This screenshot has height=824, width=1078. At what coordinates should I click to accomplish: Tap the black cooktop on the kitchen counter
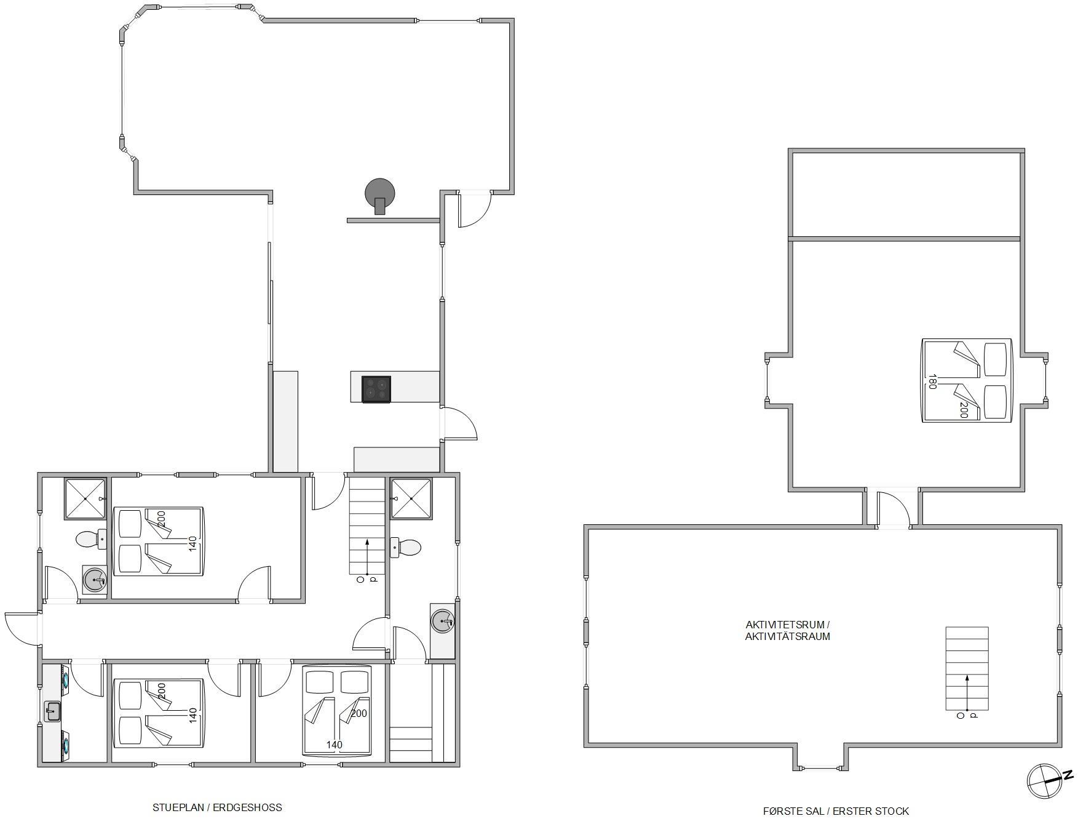click(x=376, y=390)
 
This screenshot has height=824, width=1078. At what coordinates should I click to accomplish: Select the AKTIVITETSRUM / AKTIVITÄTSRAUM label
click(x=787, y=631)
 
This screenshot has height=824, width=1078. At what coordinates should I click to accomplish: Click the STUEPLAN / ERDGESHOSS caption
click(x=217, y=807)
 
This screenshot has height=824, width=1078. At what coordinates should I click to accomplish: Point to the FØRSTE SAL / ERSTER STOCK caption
click(x=836, y=811)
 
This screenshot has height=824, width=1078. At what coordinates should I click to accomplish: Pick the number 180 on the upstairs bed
click(x=932, y=382)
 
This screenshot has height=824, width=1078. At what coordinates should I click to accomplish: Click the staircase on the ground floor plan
click(x=367, y=526)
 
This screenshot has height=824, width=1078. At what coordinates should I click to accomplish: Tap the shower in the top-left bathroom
click(x=85, y=499)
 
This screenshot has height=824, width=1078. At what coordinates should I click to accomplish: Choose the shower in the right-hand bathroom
click(x=411, y=498)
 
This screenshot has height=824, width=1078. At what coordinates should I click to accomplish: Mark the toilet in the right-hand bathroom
click(x=406, y=547)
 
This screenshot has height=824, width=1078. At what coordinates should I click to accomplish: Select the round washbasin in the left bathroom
click(x=95, y=580)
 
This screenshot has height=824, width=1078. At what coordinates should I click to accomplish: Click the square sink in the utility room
click(x=53, y=712)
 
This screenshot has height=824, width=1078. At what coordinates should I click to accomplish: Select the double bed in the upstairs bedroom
click(x=967, y=380)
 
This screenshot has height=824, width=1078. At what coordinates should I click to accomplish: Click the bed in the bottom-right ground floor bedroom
click(x=337, y=710)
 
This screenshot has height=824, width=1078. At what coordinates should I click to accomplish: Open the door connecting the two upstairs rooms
click(x=893, y=508)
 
